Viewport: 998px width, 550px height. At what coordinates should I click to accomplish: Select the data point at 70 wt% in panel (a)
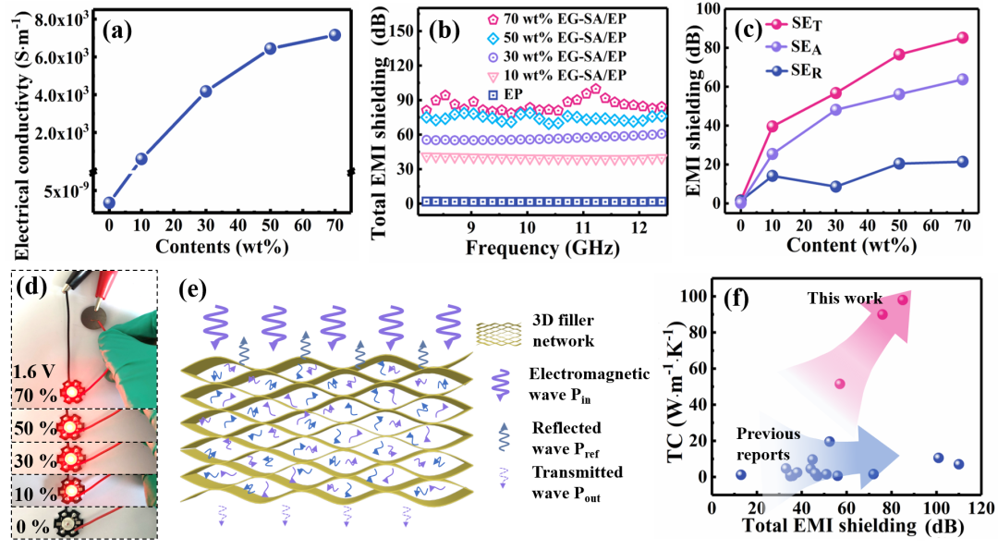[x=335, y=35]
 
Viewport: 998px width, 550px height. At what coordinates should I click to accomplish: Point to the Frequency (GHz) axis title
[x=530, y=249]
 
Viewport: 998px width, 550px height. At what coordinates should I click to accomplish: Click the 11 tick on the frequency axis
[x=582, y=227]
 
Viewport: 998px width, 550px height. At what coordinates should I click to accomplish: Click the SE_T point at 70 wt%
[x=962, y=38]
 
